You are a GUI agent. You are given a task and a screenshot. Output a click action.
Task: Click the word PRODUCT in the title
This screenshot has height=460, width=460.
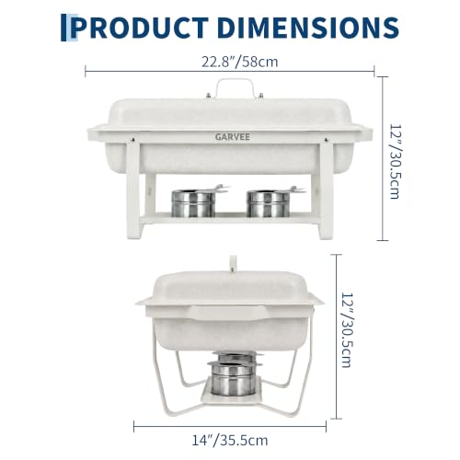tap(140, 28)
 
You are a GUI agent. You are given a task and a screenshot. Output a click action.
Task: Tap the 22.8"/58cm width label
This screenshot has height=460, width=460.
tap(239, 62)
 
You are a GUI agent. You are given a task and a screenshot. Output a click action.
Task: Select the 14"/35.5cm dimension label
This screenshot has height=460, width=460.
tap(230, 441)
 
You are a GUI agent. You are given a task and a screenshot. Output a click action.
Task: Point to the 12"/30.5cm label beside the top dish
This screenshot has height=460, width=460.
tap(396, 161)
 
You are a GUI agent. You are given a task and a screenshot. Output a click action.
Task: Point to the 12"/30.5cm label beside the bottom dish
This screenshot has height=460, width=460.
tap(348, 330)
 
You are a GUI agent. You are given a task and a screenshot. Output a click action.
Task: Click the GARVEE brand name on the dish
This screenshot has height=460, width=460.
tap(233, 137)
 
